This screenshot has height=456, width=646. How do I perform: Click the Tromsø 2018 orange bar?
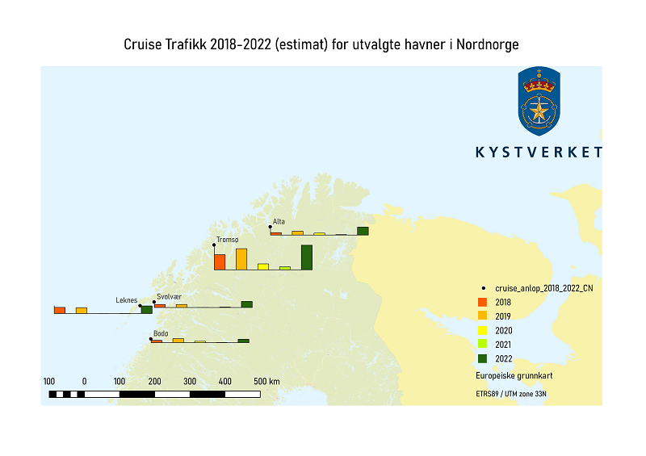(220, 261)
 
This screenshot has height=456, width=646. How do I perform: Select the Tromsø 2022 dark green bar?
(307, 257)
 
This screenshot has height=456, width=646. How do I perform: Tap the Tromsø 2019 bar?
(241, 259)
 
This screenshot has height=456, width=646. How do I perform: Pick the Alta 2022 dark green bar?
(363, 231)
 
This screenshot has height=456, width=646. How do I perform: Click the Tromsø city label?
(228, 240)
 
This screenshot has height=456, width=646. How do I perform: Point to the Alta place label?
(279, 221)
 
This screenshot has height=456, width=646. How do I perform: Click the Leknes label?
(126, 300)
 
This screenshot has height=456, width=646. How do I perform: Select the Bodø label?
(161, 333)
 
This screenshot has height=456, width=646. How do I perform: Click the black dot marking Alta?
(270, 227)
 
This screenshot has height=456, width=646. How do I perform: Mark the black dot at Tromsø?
(214, 244)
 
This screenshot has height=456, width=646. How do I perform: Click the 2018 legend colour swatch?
(482, 302)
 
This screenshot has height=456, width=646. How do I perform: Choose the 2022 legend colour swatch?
(482, 358)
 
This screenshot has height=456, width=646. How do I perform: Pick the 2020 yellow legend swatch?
(482, 330)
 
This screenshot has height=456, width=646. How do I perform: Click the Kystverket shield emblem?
(539, 102)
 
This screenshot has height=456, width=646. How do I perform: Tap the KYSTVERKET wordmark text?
(539, 153)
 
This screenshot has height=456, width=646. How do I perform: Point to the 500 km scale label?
(266, 381)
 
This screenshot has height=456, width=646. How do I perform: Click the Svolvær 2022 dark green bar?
(247, 304)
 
